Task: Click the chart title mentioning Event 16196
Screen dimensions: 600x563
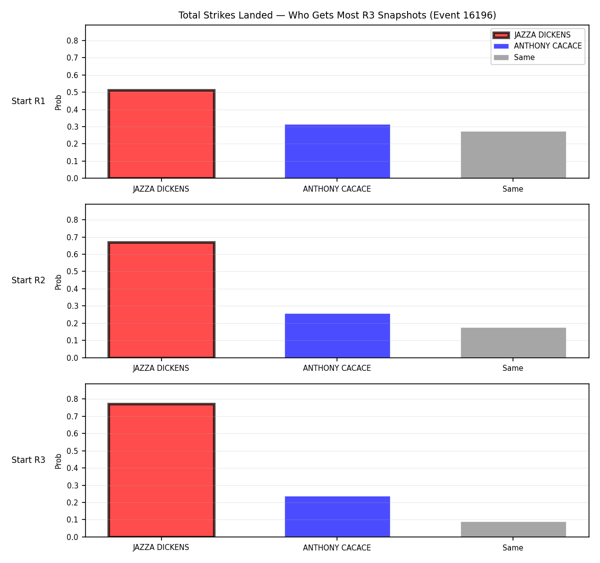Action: (x=337, y=15)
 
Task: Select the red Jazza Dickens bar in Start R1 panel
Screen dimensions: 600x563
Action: (x=161, y=134)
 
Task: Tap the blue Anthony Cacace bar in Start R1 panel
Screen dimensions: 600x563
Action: (x=337, y=151)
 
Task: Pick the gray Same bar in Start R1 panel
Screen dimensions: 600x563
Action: (x=513, y=155)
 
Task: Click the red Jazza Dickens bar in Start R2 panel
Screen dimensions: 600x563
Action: (x=161, y=299)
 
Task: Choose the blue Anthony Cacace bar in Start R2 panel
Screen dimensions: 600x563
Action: (x=337, y=335)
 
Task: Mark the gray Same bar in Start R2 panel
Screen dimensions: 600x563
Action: (x=513, y=342)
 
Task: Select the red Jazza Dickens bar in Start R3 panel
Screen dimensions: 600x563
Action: (x=161, y=470)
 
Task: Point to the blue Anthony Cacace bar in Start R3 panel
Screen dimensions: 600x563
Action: (x=337, y=517)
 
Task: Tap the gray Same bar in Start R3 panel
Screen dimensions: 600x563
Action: (x=513, y=529)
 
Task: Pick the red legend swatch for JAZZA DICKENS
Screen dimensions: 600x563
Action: (x=501, y=35)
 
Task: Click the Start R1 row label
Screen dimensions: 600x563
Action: (x=28, y=101)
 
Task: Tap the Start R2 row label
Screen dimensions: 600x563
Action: (x=28, y=280)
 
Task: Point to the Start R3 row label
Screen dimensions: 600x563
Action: (x=28, y=460)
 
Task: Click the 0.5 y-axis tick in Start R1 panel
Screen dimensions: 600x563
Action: (x=72, y=92)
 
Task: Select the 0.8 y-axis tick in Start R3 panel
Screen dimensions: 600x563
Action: (x=72, y=399)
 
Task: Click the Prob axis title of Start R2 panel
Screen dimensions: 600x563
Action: (x=58, y=282)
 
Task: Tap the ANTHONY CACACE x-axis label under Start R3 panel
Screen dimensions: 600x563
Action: (x=337, y=547)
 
